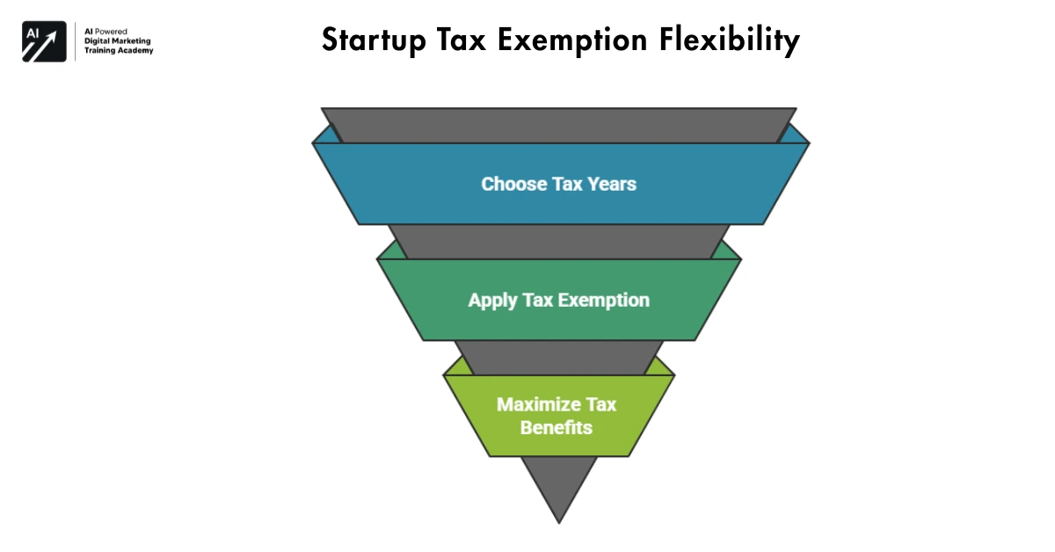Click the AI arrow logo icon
click(44, 41)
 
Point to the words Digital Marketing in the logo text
click(118, 40)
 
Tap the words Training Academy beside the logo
click(119, 51)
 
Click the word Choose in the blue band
click(513, 185)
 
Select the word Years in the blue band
click(610, 185)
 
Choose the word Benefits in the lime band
click(557, 428)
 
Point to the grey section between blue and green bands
click(559, 241)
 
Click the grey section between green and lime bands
click(559, 357)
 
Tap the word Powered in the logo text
click(113, 31)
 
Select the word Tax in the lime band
click(600, 404)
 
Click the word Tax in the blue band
click(566, 185)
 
